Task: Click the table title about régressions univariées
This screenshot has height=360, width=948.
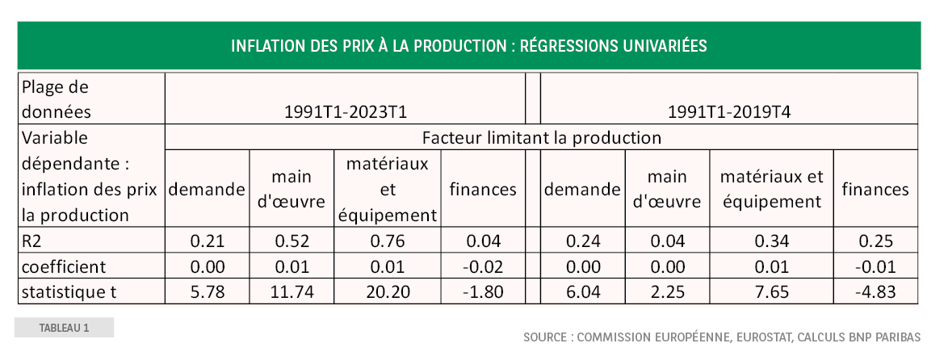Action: (x=468, y=45)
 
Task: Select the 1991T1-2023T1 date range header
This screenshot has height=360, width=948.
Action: (x=345, y=111)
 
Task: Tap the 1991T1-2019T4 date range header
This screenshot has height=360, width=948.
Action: (x=728, y=111)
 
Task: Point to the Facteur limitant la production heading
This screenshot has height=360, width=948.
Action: (x=541, y=137)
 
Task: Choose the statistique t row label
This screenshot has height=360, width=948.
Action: (x=69, y=291)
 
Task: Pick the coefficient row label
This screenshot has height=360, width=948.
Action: (x=64, y=266)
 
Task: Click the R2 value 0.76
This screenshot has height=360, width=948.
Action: (x=388, y=241)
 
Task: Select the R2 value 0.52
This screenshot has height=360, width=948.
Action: (x=292, y=241)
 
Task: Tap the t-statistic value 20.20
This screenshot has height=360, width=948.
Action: (x=388, y=291)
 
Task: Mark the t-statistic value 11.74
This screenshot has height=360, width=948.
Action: (x=292, y=291)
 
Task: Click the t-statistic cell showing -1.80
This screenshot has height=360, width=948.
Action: (x=483, y=291)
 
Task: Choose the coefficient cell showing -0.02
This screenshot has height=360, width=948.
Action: (x=483, y=266)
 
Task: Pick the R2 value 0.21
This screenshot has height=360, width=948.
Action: (x=207, y=241)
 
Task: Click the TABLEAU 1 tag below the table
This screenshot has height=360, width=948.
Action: (x=64, y=328)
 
